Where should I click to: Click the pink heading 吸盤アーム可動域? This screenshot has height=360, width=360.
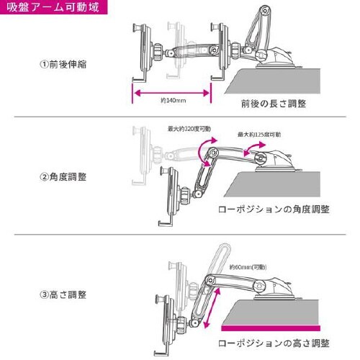[55, 8]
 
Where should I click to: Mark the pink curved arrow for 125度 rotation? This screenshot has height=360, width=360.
[253, 147]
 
